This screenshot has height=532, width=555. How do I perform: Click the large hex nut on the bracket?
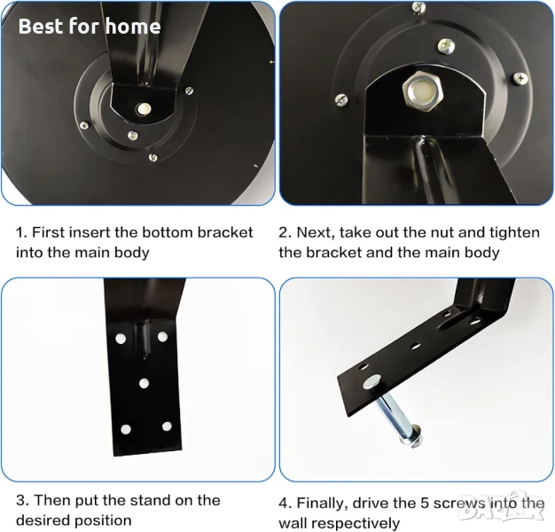coord(423,91)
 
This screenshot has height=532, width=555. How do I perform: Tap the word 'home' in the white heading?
coord(133,27)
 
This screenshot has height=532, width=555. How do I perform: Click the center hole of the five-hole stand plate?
coord(144,383)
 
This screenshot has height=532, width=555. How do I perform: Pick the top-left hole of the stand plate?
coord(121,339)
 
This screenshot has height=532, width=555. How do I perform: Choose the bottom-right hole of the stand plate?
coord(167,426)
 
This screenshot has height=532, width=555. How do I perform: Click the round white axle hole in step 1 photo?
coord(144,109)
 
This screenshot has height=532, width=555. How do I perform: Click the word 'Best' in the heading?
coord(41,27)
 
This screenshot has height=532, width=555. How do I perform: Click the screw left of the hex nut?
coord(341,100)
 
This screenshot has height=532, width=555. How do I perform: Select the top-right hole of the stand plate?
coord(162,336)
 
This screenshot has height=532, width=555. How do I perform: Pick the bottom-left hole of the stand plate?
coord(126,429)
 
